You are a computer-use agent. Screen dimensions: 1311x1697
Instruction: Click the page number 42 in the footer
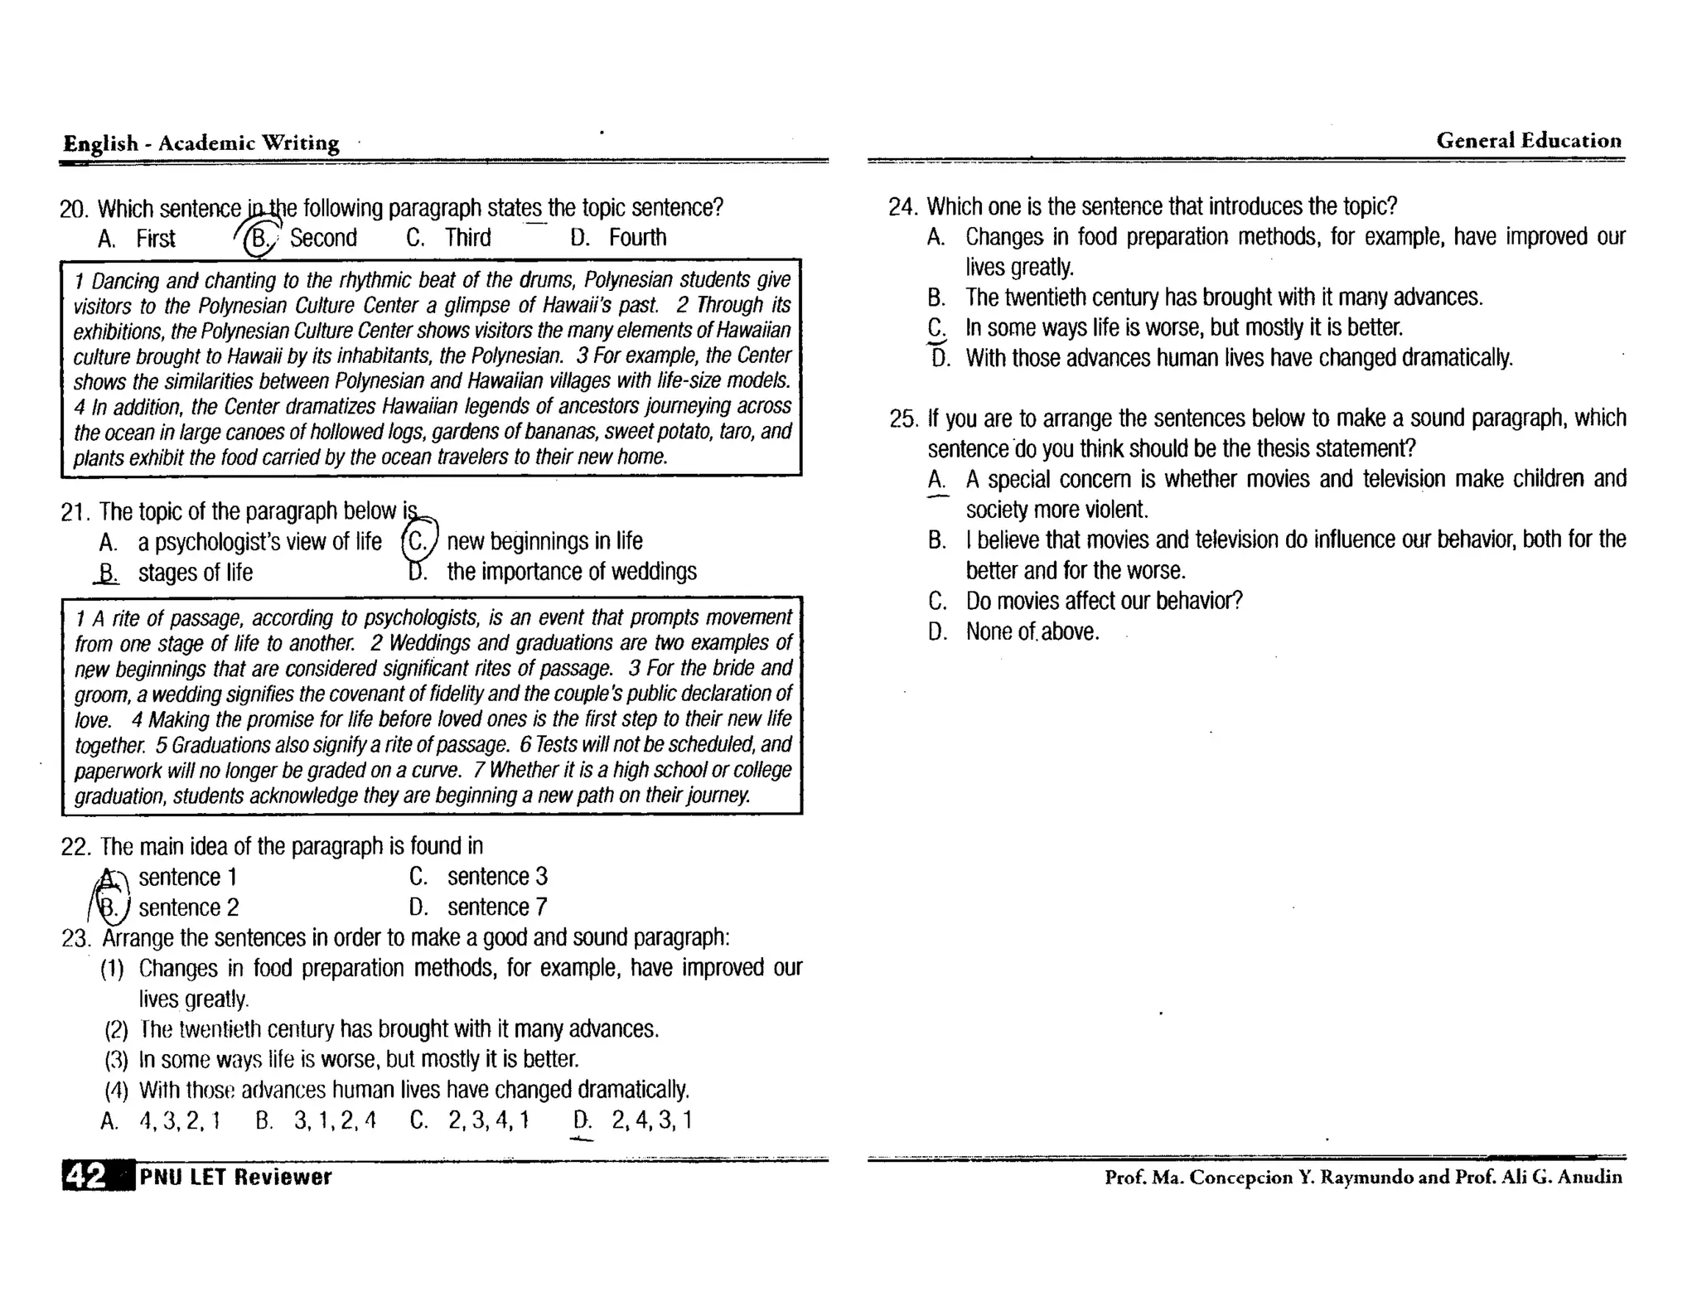[x=85, y=1176]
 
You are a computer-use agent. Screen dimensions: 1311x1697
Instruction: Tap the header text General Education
[x=1528, y=141]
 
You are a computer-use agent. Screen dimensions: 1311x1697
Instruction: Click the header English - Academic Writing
[x=201, y=143]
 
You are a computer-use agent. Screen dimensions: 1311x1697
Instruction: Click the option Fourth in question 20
[x=636, y=238]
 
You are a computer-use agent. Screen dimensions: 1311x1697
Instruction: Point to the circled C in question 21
[x=419, y=542]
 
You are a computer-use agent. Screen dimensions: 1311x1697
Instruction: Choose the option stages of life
[x=195, y=573]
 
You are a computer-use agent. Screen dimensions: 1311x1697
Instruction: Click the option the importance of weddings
[x=571, y=572]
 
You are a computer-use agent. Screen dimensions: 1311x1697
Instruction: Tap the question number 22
[x=75, y=847]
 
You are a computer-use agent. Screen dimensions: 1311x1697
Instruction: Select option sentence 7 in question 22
[x=497, y=907]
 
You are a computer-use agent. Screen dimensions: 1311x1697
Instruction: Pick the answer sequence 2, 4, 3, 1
[x=651, y=1120]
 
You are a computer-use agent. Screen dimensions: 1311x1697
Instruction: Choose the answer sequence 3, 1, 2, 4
[x=334, y=1120]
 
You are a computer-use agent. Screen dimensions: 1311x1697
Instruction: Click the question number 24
[x=902, y=206]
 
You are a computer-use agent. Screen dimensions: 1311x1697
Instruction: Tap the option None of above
[x=1032, y=632]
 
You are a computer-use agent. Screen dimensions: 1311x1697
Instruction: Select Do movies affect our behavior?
[x=1104, y=601]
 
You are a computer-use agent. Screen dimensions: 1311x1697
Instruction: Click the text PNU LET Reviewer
[x=235, y=1177]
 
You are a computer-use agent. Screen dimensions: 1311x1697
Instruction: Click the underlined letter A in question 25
[x=936, y=480]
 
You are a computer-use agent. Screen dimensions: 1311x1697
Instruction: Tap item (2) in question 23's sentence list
[x=116, y=1030]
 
